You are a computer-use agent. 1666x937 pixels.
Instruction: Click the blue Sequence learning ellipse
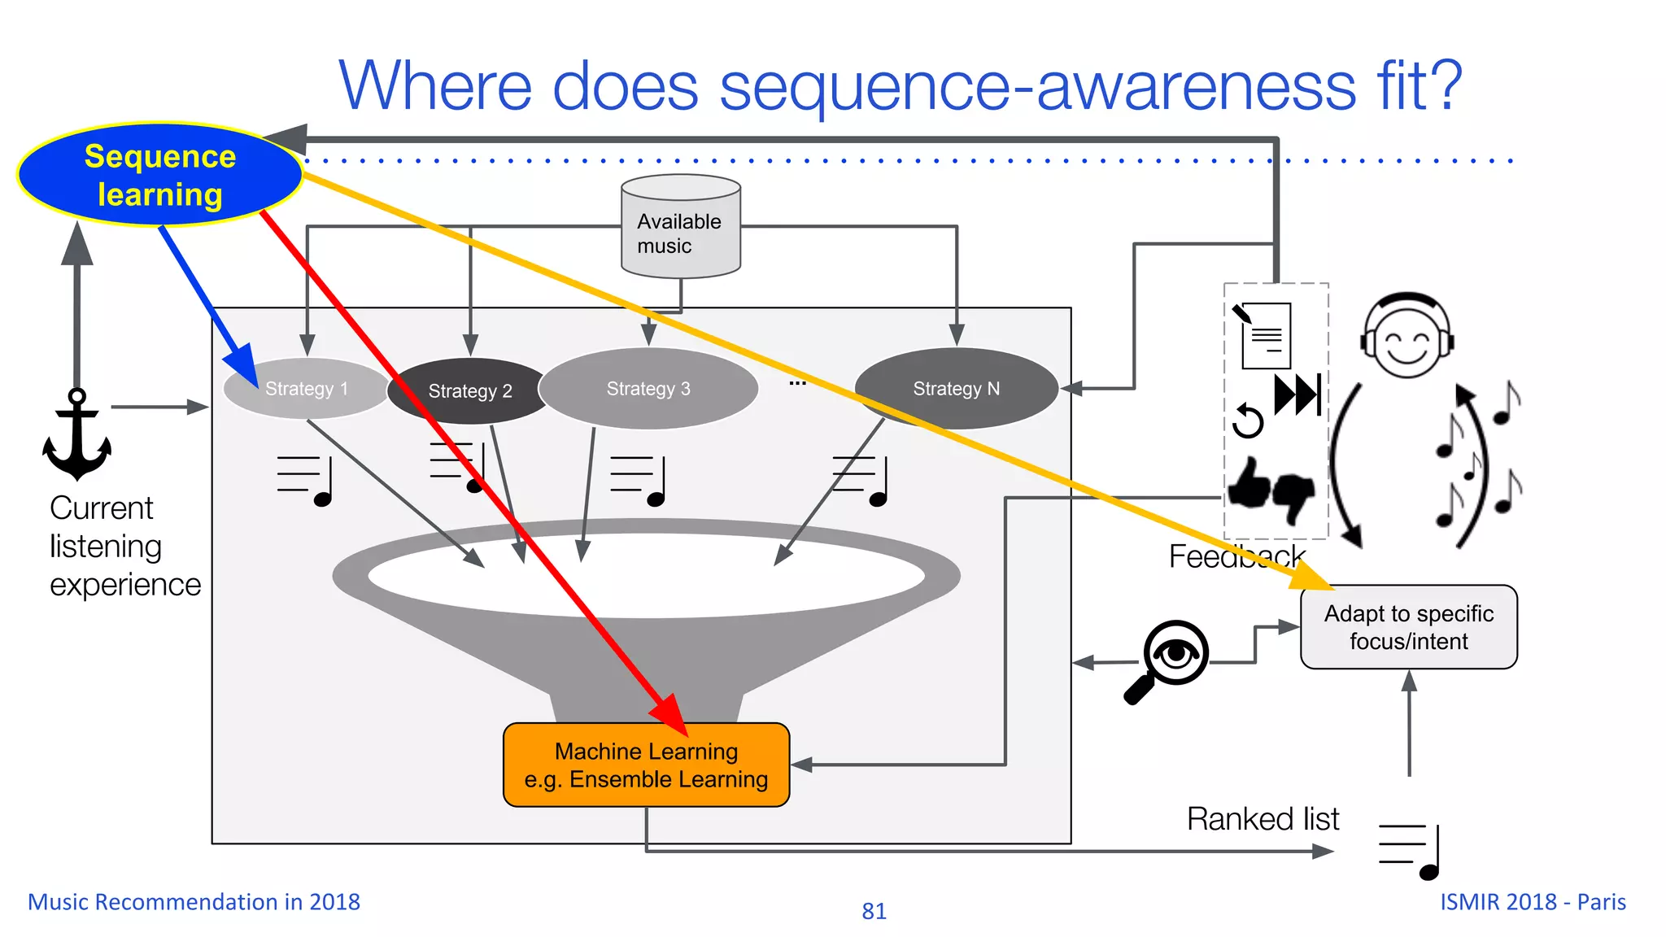(x=159, y=175)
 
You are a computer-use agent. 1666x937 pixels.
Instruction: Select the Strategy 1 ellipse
(x=306, y=389)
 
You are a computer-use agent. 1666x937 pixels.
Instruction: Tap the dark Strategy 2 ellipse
(x=469, y=391)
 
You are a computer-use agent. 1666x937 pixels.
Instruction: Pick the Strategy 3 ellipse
(x=648, y=389)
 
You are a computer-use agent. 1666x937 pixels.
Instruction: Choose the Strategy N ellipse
(x=956, y=389)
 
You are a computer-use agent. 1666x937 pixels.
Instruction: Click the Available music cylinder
(x=680, y=228)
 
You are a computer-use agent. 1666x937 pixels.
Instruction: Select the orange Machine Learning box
(x=646, y=765)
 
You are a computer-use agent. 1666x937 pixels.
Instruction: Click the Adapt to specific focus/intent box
(x=1408, y=627)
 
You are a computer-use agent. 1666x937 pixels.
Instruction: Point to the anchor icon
(x=76, y=435)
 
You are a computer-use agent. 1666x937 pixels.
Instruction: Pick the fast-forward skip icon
(x=1297, y=395)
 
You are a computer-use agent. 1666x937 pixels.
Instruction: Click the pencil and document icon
(x=1263, y=334)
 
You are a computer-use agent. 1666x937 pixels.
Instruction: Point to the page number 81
(x=874, y=911)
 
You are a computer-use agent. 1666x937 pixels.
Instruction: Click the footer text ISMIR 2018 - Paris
(x=1533, y=902)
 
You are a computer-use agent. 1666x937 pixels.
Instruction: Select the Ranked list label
(x=1263, y=819)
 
